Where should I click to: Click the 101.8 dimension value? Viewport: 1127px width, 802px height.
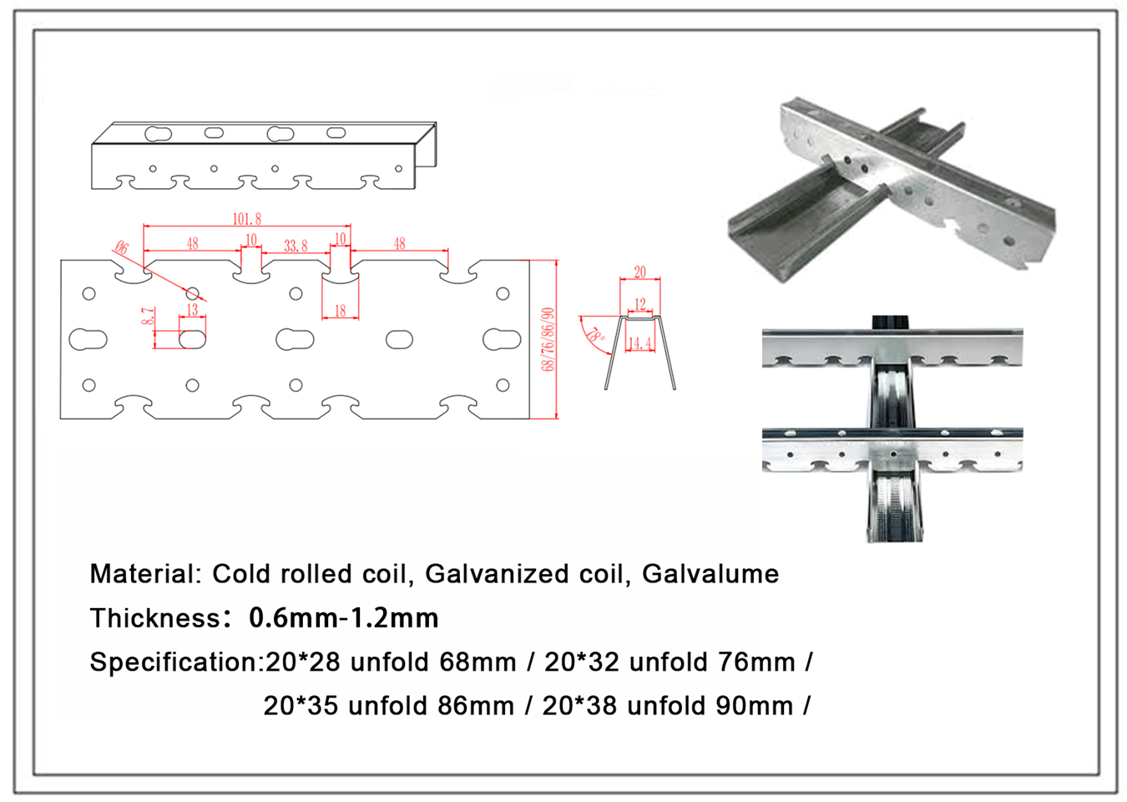pyautogui.click(x=247, y=219)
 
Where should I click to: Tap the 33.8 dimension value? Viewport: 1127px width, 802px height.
pyautogui.click(x=296, y=246)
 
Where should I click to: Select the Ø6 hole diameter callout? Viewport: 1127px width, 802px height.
pyautogui.click(x=122, y=247)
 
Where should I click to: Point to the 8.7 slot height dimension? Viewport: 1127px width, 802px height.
pyautogui.click(x=148, y=316)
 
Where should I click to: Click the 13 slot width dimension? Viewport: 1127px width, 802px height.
pyautogui.click(x=192, y=310)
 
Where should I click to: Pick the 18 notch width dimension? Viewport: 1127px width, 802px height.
pyautogui.click(x=340, y=311)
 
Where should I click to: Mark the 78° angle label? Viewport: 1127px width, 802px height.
pyautogui.click(x=596, y=335)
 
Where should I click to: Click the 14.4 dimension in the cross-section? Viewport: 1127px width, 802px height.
pyautogui.click(x=640, y=343)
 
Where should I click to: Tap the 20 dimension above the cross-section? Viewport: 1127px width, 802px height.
pyautogui.click(x=640, y=272)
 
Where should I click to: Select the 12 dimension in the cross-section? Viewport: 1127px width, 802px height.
pyautogui.click(x=640, y=304)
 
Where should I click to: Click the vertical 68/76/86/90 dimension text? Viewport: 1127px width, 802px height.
pyautogui.click(x=548, y=339)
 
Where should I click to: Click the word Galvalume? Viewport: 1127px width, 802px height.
pyautogui.click(x=710, y=574)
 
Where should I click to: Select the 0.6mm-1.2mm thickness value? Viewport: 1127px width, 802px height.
pyautogui.click(x=344, y=617)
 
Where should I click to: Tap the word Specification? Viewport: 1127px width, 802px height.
pyautogui.click(x=174, y=662)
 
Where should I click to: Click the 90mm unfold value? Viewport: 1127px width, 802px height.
pyautogui.click(x=755, y=706)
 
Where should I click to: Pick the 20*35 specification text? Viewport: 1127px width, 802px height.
pyautogui.click(x=301, y=706)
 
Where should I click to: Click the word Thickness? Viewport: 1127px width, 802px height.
pyautogui.click(x=155, y=618)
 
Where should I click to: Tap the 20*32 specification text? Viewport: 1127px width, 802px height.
pyautogui.click(x=582, y=662)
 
